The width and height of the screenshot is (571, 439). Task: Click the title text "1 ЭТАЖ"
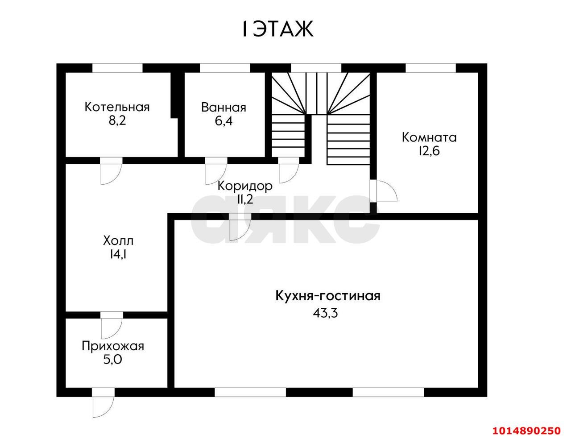point(277,29)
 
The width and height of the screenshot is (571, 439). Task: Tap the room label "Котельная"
point(117,107)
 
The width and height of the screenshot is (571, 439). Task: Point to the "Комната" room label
point(429,137)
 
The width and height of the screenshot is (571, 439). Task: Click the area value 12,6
point(429,151)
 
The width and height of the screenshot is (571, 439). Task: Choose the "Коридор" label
point(245,186)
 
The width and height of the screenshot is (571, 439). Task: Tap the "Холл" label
point(118,241)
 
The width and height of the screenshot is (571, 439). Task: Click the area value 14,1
point(118,254)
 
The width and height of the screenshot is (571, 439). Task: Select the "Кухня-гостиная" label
point(327,296)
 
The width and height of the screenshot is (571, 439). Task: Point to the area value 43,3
point(326,313)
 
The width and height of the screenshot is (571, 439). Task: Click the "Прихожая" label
point(113,345)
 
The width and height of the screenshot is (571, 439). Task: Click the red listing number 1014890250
point(525,431)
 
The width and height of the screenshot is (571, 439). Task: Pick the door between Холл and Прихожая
point(111,325)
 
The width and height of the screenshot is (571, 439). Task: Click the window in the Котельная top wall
point(117,68)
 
